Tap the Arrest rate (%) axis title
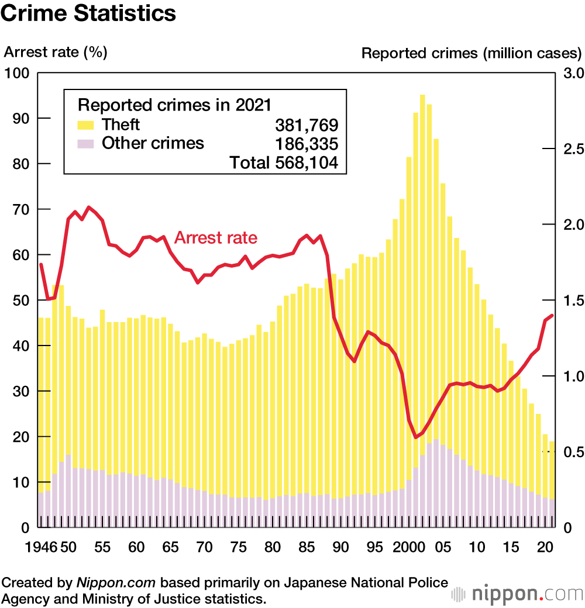[x=56, y=52]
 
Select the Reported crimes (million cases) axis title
[x=472, y=53]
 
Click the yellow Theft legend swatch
[x=87, y=125]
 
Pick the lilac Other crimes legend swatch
[x=87, y=144]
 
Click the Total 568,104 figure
[x=284, y=163]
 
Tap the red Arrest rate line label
[x=216, y=238]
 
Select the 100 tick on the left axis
[x=17, y=73]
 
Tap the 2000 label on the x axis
[x=408, y=548]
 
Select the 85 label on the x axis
[x=307, y=548]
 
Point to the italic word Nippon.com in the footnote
[x=116, y=583]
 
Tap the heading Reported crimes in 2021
[x=175, y=105]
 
